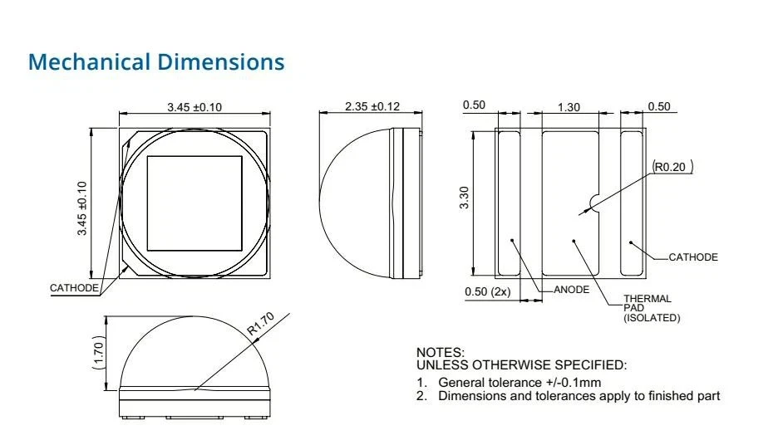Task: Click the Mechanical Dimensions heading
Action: point(156,62)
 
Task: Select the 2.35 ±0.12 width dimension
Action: point(372,106)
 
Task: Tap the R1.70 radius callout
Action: point(261,323)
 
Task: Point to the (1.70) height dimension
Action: point(98,353)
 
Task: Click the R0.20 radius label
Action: point(672,167)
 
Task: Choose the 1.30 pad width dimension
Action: point(569,107)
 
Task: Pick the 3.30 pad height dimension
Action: point(465,198)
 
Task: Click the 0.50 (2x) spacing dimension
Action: point(487,291)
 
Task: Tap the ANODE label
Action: point(571,290)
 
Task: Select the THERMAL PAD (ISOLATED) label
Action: point(651,308)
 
